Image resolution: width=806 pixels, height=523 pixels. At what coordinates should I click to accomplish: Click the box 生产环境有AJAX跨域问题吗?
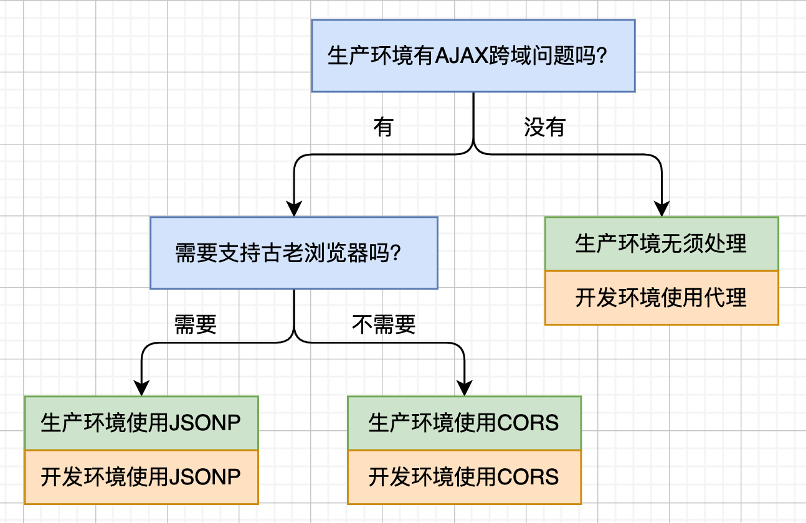coord(473,56)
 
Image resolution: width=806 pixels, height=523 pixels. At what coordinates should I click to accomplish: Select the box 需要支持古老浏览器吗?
coord(293,253)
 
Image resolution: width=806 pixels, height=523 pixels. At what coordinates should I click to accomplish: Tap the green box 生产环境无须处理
coord(661,244)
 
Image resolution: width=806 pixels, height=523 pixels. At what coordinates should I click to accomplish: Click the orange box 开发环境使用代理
coord(661,298)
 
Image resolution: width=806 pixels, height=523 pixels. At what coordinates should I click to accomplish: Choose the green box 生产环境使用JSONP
coord(141,423)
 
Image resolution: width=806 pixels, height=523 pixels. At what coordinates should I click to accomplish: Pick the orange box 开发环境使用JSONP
coord(141,477)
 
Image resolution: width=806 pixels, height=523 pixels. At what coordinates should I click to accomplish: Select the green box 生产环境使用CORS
coord(464,423)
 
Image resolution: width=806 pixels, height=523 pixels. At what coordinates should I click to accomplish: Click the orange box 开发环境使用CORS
coord(464,477)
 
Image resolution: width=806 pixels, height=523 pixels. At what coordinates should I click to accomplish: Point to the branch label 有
coord(383,127)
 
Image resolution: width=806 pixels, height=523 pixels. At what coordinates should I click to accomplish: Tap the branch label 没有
coord(544,127)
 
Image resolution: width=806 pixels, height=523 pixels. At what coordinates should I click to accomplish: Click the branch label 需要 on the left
coord(196,324)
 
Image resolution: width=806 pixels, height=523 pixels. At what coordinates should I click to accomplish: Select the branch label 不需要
coord(384,324)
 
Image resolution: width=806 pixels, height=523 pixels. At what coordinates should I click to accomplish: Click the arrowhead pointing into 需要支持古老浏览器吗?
coord(293,210)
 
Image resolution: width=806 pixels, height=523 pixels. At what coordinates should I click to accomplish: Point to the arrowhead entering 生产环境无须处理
coord(661,210)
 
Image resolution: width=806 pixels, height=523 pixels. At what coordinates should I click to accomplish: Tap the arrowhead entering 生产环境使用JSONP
coord(142,389)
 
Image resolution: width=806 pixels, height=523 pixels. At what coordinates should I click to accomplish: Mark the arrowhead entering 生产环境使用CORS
coord(465,389)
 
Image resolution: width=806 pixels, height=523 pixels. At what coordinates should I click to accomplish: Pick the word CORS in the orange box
coord(528,477)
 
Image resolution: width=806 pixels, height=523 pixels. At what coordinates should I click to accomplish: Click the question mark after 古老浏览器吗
coord(394,253)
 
